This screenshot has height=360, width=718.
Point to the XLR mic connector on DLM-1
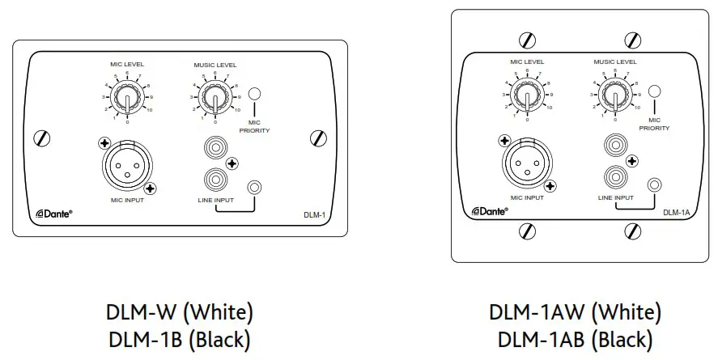tap(126, 167)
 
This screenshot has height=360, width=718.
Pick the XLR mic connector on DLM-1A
tap(527, 159)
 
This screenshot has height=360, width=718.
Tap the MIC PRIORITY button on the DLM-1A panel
tap(654, 91)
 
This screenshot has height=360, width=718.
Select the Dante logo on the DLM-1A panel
tap(489, 211)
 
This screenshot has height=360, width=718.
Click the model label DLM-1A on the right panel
tap(677, 213)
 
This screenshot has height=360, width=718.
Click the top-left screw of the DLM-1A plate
tap(528, 40)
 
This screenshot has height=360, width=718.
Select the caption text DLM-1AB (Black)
tap(575, 340)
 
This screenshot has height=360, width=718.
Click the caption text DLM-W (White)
tap(179, 311)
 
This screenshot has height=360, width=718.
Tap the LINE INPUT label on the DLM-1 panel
tap(215, 200)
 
